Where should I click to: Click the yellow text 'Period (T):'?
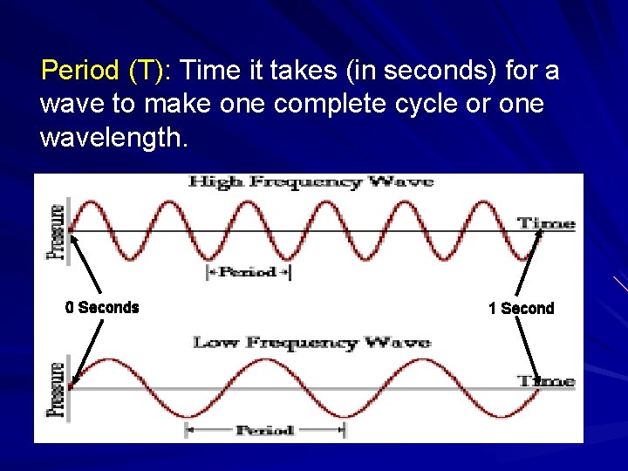108,70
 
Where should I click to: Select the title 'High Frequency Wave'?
311,181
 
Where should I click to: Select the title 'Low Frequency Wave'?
311,342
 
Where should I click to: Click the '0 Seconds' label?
102,307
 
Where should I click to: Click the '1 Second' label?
521,308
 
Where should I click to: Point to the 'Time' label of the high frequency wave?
546,223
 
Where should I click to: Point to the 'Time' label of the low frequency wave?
546,380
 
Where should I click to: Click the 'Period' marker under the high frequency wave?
248,272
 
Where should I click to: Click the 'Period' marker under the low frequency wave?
264,430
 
